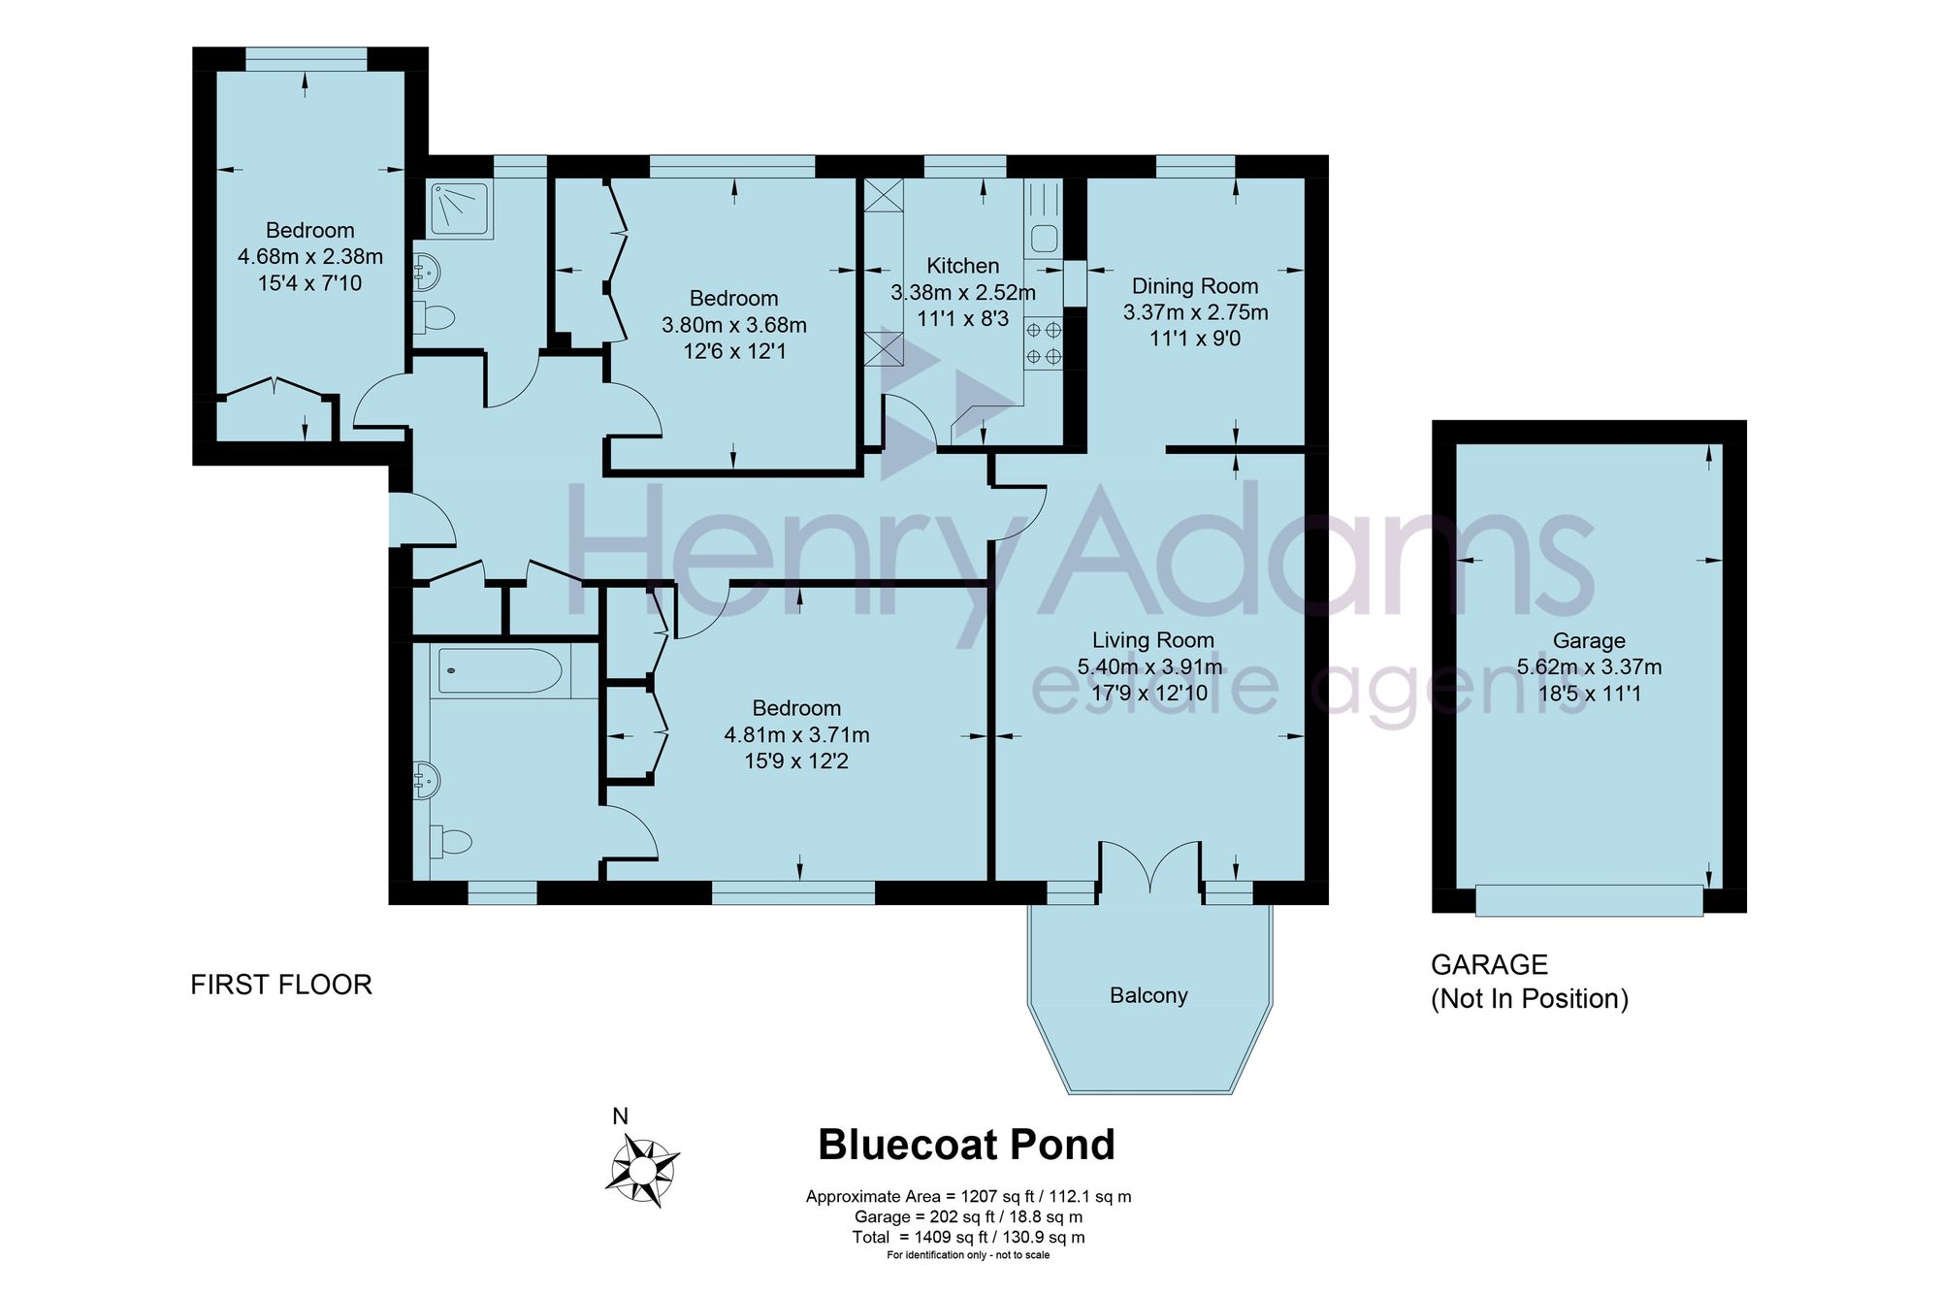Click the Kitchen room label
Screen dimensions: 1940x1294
tap(962, 266)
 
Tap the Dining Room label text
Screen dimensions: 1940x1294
tap(1195, 286)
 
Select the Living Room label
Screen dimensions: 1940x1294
tap(1152, 640)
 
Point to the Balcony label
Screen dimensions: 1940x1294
tap(1148, 995)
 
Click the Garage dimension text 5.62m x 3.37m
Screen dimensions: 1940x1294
tap(1589, 667)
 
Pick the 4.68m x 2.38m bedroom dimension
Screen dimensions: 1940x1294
tap(310, 257)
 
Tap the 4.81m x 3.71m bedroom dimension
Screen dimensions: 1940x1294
tap(796, 735)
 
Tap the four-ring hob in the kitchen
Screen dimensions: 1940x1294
tap(1044, 343)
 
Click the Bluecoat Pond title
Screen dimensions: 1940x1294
tap(966, 1145)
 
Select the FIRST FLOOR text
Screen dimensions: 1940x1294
tap(281, 985)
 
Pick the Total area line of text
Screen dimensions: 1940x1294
tap(968, 1237)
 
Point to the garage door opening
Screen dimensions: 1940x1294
tap(1589, 899)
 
